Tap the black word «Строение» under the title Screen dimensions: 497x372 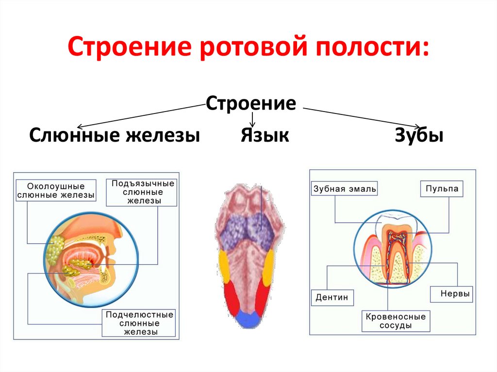click(x=251, y=104)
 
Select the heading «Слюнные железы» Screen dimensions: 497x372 click(x=115, y=135)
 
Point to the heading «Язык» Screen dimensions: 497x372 click(x=265, y=135)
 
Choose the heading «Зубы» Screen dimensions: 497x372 click(x=419, y=135)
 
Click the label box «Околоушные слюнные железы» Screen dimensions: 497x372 click(x=56, y=191)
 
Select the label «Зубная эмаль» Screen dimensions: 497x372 click(x=345, y=189)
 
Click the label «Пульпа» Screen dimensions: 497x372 click(x=441, y=189)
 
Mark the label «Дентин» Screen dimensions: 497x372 click(x=332, y=297)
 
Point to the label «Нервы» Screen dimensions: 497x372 click(x=451, y=294)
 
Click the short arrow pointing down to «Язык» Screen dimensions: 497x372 click(x=252, y=119)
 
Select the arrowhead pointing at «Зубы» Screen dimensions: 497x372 click(x=416, y=127)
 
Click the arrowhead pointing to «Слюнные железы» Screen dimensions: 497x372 click(x=81, y=126)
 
